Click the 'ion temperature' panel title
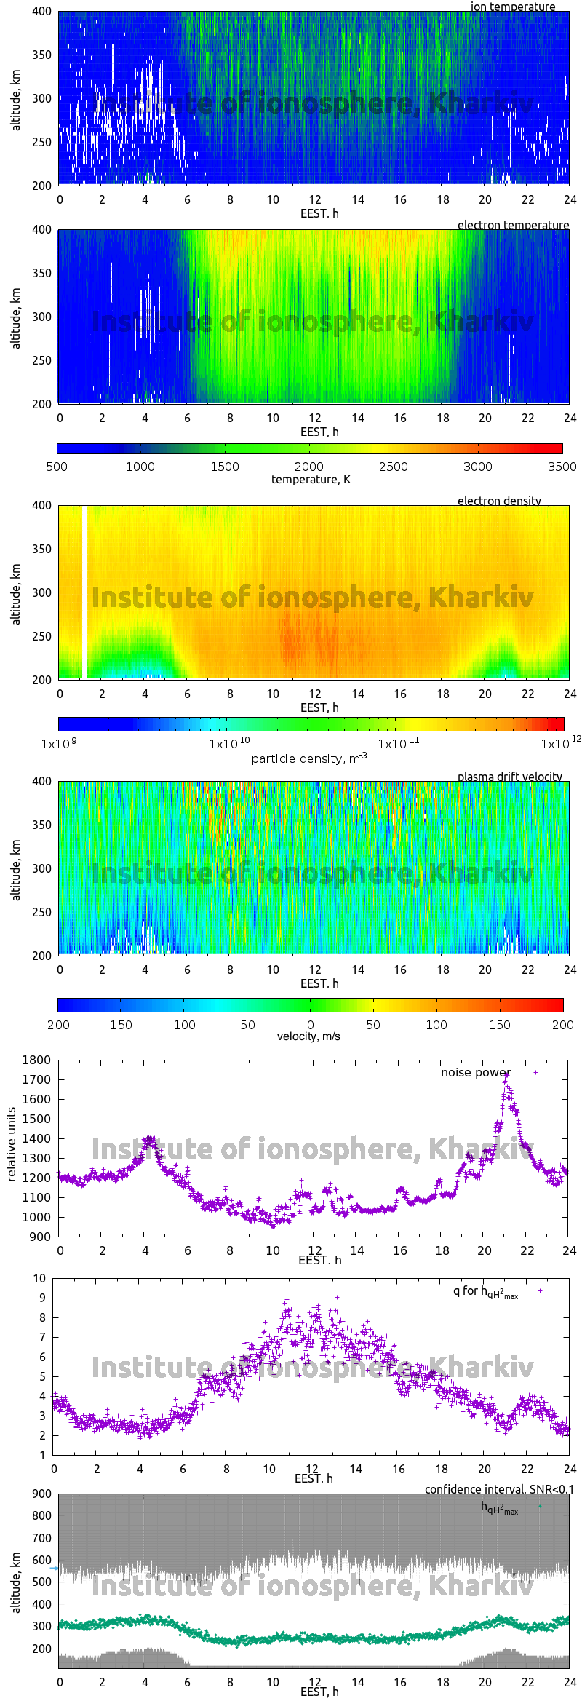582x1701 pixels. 512,7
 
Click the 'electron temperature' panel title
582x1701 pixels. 513,225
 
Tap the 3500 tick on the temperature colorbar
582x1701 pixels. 562,467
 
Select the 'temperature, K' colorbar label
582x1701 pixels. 311,480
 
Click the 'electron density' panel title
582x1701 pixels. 499,501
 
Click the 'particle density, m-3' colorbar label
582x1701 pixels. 309,758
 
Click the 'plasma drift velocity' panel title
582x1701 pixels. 509,777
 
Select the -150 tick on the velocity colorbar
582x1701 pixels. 119,1025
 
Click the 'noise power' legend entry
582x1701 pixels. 476,1073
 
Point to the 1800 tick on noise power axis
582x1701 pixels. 36,1060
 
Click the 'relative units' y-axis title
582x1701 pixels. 11,1144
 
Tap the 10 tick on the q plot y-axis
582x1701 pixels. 39,1278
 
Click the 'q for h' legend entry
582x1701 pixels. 485,1292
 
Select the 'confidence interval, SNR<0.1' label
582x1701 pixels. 499,1489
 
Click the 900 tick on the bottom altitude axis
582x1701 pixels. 42,1494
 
